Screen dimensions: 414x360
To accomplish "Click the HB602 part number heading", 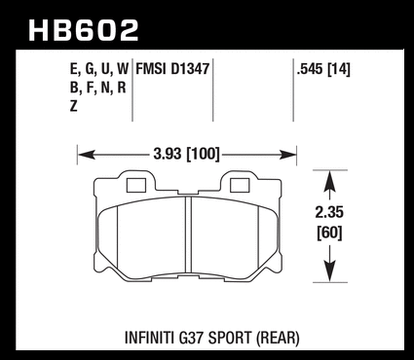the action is pos(84,30).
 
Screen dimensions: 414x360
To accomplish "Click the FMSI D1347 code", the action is pos(172,69).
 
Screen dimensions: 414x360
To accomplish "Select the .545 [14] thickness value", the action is pos(323,69).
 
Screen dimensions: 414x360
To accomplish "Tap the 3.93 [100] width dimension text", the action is pos(187,154).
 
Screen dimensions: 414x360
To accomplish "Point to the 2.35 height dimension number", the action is pos(329,213).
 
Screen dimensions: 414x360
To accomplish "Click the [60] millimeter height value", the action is pos(329,233).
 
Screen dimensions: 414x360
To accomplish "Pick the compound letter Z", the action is pos(74,106).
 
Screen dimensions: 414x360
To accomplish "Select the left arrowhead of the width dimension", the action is pos(87,155).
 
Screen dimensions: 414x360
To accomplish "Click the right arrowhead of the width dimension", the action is pos(288,155).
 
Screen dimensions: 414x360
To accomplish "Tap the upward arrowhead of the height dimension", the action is pos(329,179).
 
